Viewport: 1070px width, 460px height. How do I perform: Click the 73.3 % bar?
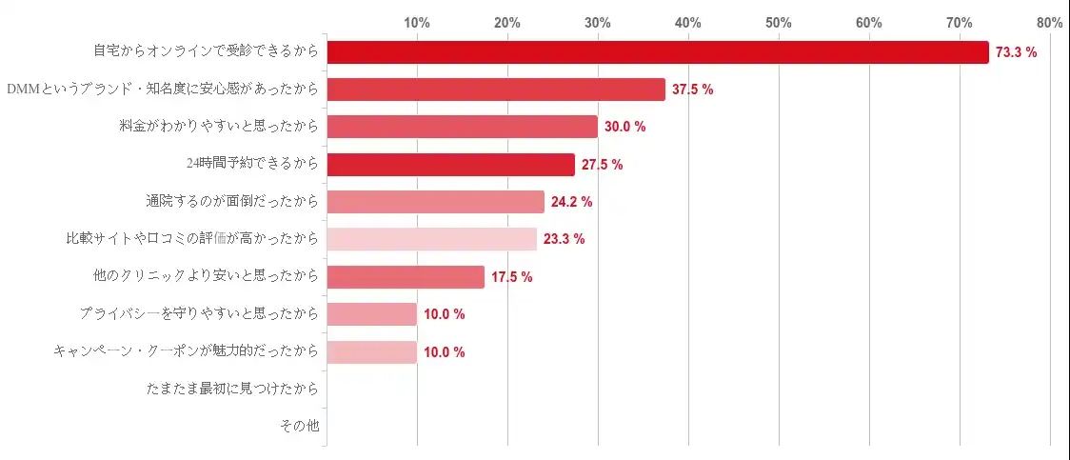(658, 52)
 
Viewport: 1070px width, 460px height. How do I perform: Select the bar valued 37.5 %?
(496, 90)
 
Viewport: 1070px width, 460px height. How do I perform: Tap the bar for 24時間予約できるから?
(450, 165)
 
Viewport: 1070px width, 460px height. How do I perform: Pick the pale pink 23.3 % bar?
(431, 239)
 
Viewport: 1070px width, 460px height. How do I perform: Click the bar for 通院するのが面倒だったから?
(435, 202)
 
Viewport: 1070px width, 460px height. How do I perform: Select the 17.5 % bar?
(406, 277)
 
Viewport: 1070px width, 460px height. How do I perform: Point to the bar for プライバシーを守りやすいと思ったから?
(371, 314)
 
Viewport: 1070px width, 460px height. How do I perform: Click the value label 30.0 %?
(624, 128)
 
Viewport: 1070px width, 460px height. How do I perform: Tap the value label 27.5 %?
(602, 165)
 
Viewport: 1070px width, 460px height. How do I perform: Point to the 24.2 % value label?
(571, 202)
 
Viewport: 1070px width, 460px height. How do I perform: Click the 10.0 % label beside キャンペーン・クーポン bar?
(444, 352)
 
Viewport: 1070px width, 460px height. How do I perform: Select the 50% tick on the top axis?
(779, 23)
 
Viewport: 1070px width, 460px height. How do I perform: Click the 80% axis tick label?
(1050, 23)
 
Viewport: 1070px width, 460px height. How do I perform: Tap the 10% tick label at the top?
(417, 23)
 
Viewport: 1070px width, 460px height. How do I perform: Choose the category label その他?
(299, 427)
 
